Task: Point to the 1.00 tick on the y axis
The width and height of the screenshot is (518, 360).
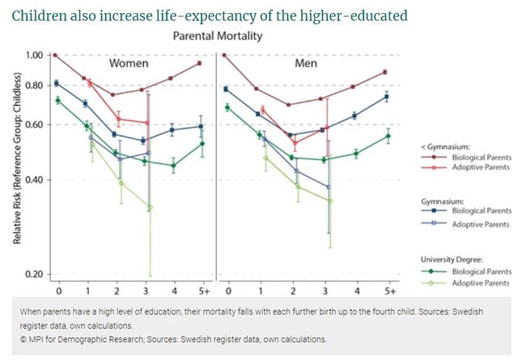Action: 34,55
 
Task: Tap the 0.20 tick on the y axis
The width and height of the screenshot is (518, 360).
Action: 34,275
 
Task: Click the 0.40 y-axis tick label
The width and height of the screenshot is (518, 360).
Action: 34,180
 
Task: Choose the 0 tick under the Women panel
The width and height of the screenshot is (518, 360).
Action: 57,290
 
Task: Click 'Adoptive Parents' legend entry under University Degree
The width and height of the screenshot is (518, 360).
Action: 482,282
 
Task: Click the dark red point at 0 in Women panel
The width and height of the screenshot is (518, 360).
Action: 55,55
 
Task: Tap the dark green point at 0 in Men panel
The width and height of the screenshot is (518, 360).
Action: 227,108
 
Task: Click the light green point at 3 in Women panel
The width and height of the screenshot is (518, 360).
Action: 148,209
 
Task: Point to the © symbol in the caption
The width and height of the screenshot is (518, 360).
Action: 24,338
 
